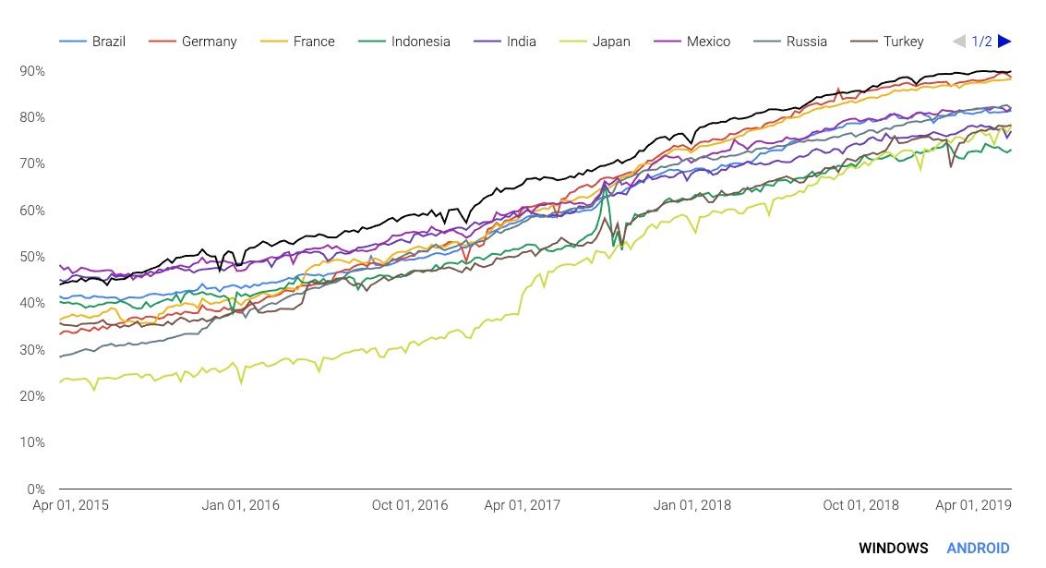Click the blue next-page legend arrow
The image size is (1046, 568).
click(1004, 42)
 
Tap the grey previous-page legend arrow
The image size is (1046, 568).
click(958, 42)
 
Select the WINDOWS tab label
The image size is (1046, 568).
click(893, 548)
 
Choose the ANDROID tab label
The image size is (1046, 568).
click(978, 548)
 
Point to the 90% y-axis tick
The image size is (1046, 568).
click(32, 71)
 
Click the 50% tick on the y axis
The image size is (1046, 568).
click(32, 257)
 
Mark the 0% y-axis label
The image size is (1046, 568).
click(36, 489)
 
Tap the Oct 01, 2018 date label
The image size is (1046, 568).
click(860, 505)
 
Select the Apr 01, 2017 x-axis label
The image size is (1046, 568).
click(522, 505)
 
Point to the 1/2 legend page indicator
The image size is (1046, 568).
click(981, 42)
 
